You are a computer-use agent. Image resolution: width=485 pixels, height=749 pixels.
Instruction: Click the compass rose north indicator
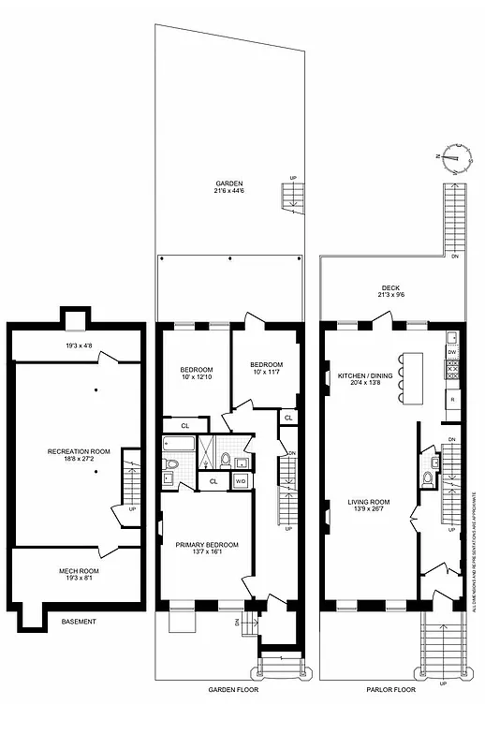tap(455, 160)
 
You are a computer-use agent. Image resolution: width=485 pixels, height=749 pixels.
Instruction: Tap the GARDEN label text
tap(229, 184)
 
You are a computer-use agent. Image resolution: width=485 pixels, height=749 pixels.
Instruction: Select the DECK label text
tap(390, 287)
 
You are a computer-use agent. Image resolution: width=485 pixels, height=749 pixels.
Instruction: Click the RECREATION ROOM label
tap(79, 451)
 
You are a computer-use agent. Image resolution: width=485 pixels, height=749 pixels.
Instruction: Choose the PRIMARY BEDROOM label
tap(208, 545)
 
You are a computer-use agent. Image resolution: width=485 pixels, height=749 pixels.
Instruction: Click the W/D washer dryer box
tap(241, 481)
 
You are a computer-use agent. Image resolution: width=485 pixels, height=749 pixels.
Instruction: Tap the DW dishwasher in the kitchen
tap(451, 351)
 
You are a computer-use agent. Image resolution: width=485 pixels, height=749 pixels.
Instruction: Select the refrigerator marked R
tap(451, 400)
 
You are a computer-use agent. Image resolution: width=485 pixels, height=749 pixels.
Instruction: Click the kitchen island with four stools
tap(411, 378)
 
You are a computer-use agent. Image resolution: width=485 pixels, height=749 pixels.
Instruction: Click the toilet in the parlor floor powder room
tap(429, 479)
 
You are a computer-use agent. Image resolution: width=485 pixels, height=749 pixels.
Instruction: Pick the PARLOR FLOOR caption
tap(392, 689)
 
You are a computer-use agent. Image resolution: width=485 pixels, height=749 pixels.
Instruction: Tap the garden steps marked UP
tap(292, 198)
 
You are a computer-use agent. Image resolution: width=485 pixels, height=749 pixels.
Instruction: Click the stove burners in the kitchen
tap(451, 370)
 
